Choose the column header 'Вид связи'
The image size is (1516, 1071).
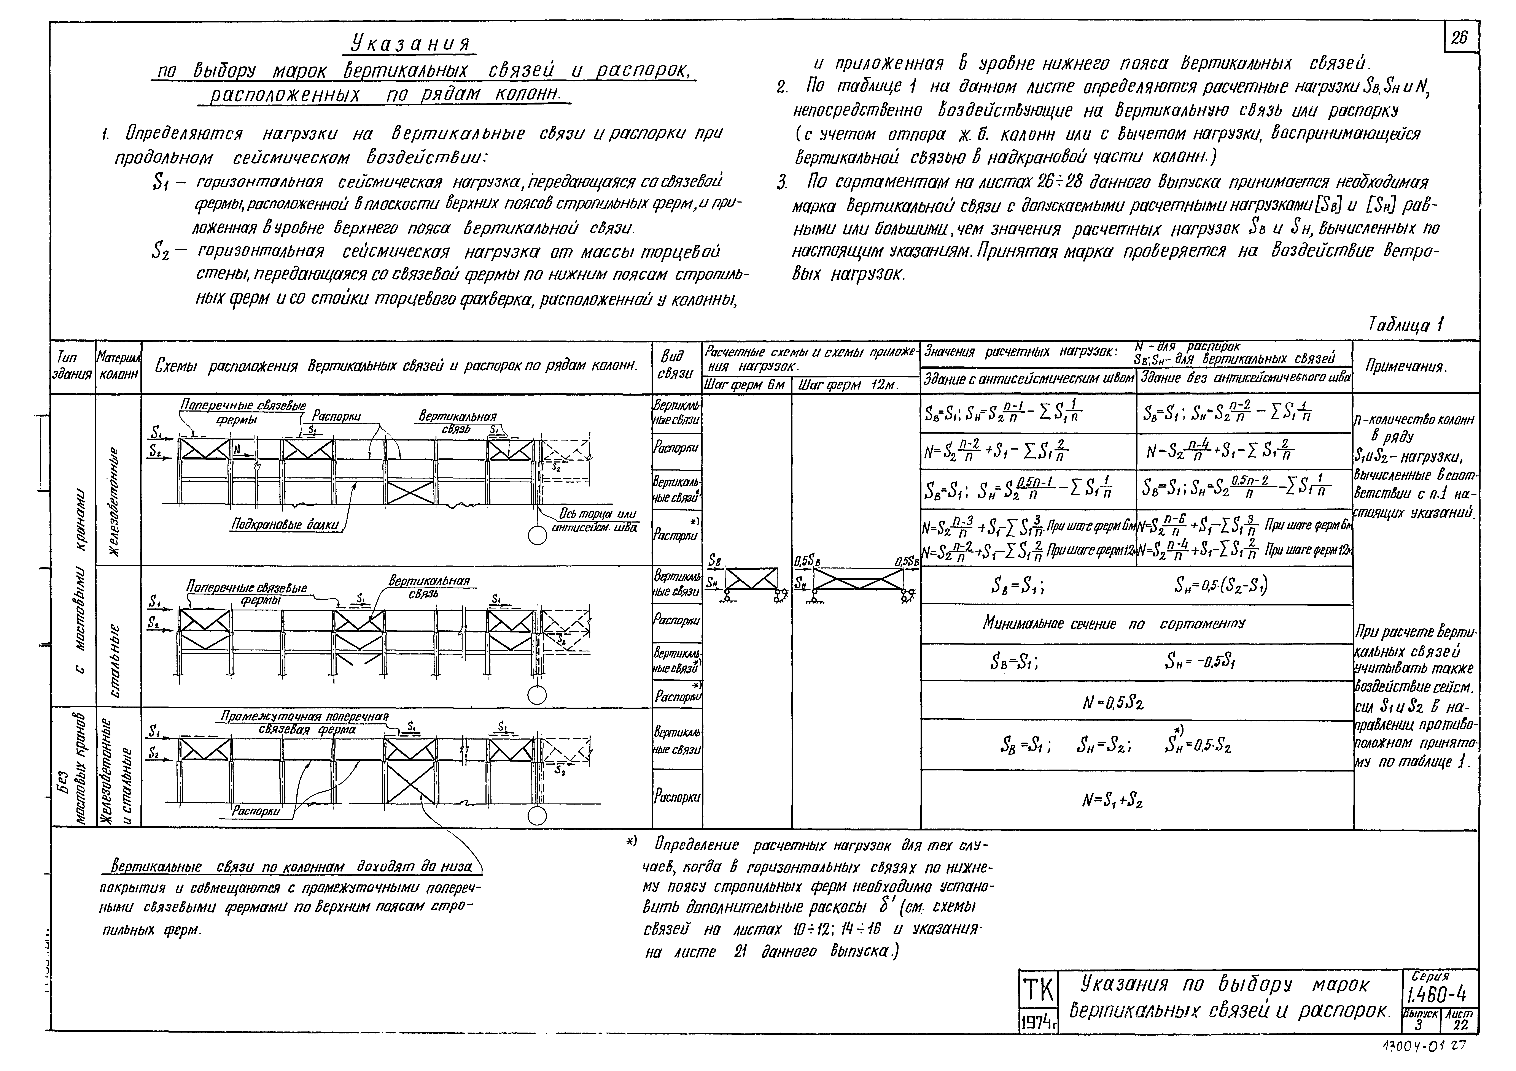(676, 365)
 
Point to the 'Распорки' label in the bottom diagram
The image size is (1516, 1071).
(256, 811)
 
